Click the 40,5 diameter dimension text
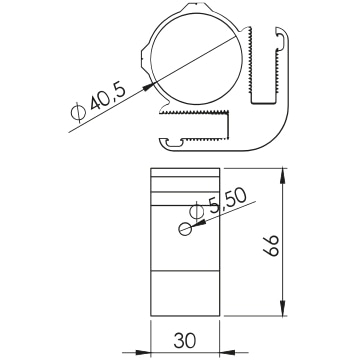(108, 97)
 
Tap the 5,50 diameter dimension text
(226, 203)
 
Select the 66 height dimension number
(273, 246)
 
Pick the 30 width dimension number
(185, 340)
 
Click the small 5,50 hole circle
(185, 229)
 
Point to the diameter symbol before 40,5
(78, 112)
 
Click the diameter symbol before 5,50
(196, 211)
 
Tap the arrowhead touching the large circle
(148, 86)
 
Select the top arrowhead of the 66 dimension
(283, 175)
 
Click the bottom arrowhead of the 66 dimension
(283, 309)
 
